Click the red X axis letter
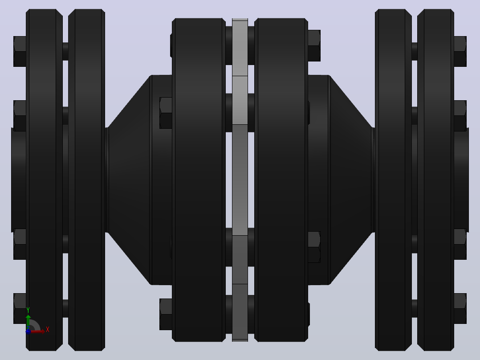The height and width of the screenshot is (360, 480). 48,329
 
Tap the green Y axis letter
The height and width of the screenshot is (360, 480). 28,310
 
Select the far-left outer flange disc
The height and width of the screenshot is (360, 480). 44,180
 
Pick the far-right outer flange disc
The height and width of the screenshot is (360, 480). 435,180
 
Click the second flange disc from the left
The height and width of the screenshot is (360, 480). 87,180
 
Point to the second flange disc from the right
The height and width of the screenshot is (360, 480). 393,180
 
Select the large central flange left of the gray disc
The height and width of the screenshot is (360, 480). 199,180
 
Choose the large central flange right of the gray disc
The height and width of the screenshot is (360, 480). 281,180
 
